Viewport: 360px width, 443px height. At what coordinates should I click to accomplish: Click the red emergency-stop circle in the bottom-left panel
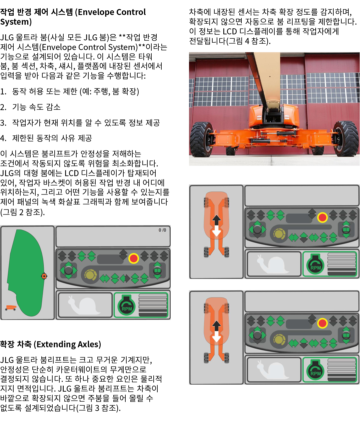(x=134, y=258)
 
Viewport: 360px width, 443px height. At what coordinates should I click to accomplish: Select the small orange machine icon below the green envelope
(x=11, y=308)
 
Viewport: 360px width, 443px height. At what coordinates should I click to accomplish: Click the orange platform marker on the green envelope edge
(x=44, y=276)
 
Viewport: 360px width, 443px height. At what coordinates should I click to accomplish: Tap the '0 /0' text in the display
(x=162, y=230)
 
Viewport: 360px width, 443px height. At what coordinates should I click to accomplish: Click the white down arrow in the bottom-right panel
(x=217, y=337)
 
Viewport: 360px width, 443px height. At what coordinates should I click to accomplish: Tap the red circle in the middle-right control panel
(x=322, y=217)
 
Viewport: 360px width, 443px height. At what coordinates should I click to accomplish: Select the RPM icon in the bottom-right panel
(x=315, y=370)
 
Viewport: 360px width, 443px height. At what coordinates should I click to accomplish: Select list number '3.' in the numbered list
(x=3, y=123)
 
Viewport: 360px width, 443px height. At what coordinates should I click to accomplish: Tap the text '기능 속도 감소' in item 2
(x=36, y=107)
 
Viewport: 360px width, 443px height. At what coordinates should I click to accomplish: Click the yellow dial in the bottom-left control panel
(x=90, y=275)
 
